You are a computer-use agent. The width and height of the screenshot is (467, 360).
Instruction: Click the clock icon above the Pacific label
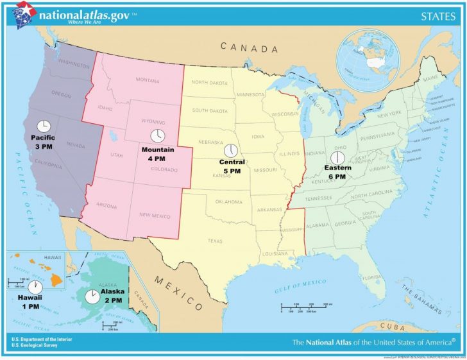tap(44, 125)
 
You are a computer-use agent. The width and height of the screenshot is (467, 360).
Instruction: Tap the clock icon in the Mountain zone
tap(157, 136)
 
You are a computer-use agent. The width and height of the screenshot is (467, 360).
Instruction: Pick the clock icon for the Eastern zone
tap(336, 158)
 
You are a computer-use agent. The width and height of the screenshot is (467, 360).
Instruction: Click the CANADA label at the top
tap(250, 48)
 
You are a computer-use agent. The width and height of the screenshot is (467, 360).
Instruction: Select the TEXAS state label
tap(216, 241)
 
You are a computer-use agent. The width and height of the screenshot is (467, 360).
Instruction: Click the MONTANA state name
tap(147, 80)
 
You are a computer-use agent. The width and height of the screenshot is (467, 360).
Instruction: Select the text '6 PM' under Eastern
tap(337, 176)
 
